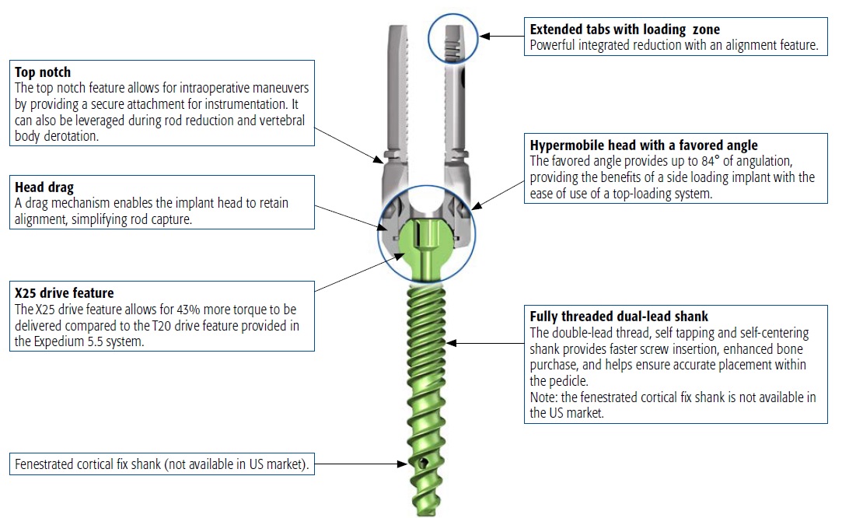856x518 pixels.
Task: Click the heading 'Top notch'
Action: tap(43, 72)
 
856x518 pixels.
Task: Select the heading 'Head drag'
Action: tap(44, 187)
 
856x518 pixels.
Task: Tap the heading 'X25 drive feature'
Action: tap(65, 293)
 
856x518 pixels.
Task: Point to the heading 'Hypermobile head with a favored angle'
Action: tap(644, 145)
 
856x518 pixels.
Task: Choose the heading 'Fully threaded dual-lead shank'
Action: tap(619, 317)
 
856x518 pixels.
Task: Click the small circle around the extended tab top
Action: tap(453, 37)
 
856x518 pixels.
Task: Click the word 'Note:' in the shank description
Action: tap(543, 397)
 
